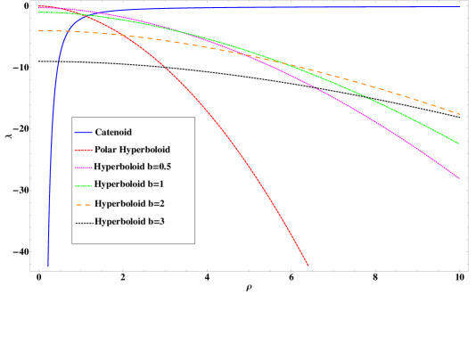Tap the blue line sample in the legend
83,133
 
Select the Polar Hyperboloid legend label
132,150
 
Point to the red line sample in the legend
83,150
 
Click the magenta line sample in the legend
83,167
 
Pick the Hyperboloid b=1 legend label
128,184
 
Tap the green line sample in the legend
83,184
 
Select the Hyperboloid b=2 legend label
129,203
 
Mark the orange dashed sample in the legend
83,203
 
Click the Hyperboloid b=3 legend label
129,221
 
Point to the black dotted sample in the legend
83,221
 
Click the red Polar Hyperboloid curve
223,134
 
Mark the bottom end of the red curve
308,266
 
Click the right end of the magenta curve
459,178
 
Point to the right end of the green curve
458,143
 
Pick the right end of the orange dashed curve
460,114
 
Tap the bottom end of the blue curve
48,266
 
